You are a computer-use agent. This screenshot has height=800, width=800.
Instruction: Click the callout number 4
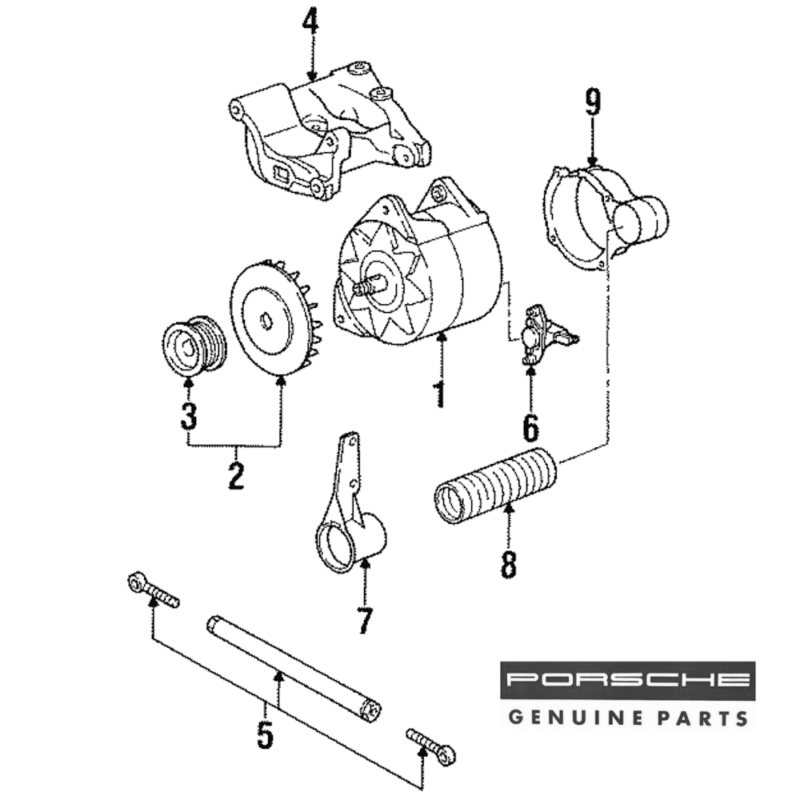pyautogui.click(x=310, y=23)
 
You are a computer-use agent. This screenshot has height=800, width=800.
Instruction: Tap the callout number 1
pyautogui.click(x=438, y=394)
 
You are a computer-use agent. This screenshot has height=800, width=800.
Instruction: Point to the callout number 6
pyautogui.click(x=530, y=427)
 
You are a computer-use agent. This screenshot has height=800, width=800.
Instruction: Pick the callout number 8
pyautogui.click(x=509, y=564)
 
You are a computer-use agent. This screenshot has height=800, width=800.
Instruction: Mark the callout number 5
pyautogui.click(x=265, y=734)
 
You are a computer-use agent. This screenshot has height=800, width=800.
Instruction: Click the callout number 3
pyautogui.click(x=188, y=415)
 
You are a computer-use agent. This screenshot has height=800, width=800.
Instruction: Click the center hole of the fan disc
pyautogui.click(x=267, y=322)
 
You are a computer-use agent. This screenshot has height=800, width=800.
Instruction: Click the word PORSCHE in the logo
pyautogui.click(x=628, y=681)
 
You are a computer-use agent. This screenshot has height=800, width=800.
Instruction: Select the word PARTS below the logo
pyautogui.click(x=704, y=716)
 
